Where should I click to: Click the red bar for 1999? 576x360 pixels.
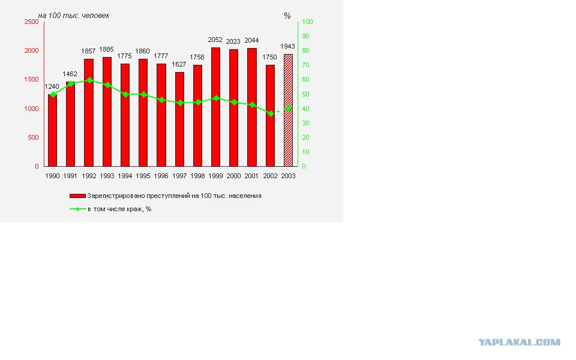tap(215, 107)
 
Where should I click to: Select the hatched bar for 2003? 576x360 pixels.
tap(289, 110)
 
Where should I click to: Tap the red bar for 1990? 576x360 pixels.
tap(53, 130)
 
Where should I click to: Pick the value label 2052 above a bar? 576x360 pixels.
tap(215, 40)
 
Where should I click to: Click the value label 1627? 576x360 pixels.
tap(179, 64)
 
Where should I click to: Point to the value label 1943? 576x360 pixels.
tap(287, 46)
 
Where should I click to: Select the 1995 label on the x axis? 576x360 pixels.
tap(143, 176)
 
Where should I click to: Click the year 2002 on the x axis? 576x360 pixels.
tap(270, 176)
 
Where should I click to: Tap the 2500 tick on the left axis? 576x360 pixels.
tap(32, 22)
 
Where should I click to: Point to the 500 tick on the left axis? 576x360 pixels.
tap(34, 137)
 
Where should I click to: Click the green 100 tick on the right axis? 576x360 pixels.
tap(307, 22)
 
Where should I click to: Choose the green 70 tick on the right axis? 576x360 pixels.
tap(305, 65)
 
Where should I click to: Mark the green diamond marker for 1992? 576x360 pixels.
tap(89, 80)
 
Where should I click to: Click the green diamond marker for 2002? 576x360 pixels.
tap(271, 114)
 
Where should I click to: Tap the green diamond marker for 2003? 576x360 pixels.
tap(289, 109)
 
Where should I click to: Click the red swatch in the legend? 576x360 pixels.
tap(77, 196)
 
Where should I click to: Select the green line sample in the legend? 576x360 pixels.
tap(77, 209)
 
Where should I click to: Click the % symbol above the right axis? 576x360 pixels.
tap(287, 16)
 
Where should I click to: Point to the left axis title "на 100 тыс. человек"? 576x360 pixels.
tap(73, 16)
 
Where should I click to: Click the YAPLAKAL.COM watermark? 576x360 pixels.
tap(520, 343)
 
